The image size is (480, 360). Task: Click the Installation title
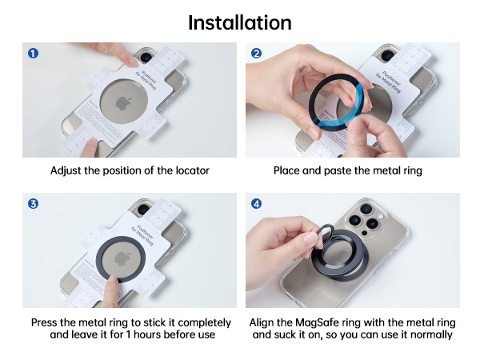coord(240,22)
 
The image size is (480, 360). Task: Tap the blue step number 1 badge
coord(34,54)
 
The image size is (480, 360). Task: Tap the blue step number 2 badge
coord(257,54)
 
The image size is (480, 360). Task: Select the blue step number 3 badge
coord(34,204)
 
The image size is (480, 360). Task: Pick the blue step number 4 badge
coord(257,204)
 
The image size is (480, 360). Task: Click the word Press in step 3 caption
coord(46,322)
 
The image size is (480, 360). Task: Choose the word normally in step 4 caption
coord(430,334)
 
